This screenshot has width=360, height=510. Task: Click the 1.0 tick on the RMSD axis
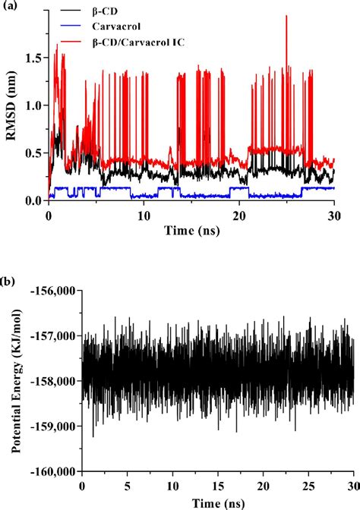point(34,105)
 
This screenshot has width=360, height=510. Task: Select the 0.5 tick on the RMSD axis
point(34,153)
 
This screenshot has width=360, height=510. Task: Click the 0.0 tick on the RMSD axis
point(34,200)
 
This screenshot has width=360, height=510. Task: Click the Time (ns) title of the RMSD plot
point(191,229)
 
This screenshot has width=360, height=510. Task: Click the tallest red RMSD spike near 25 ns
point(286,17)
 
